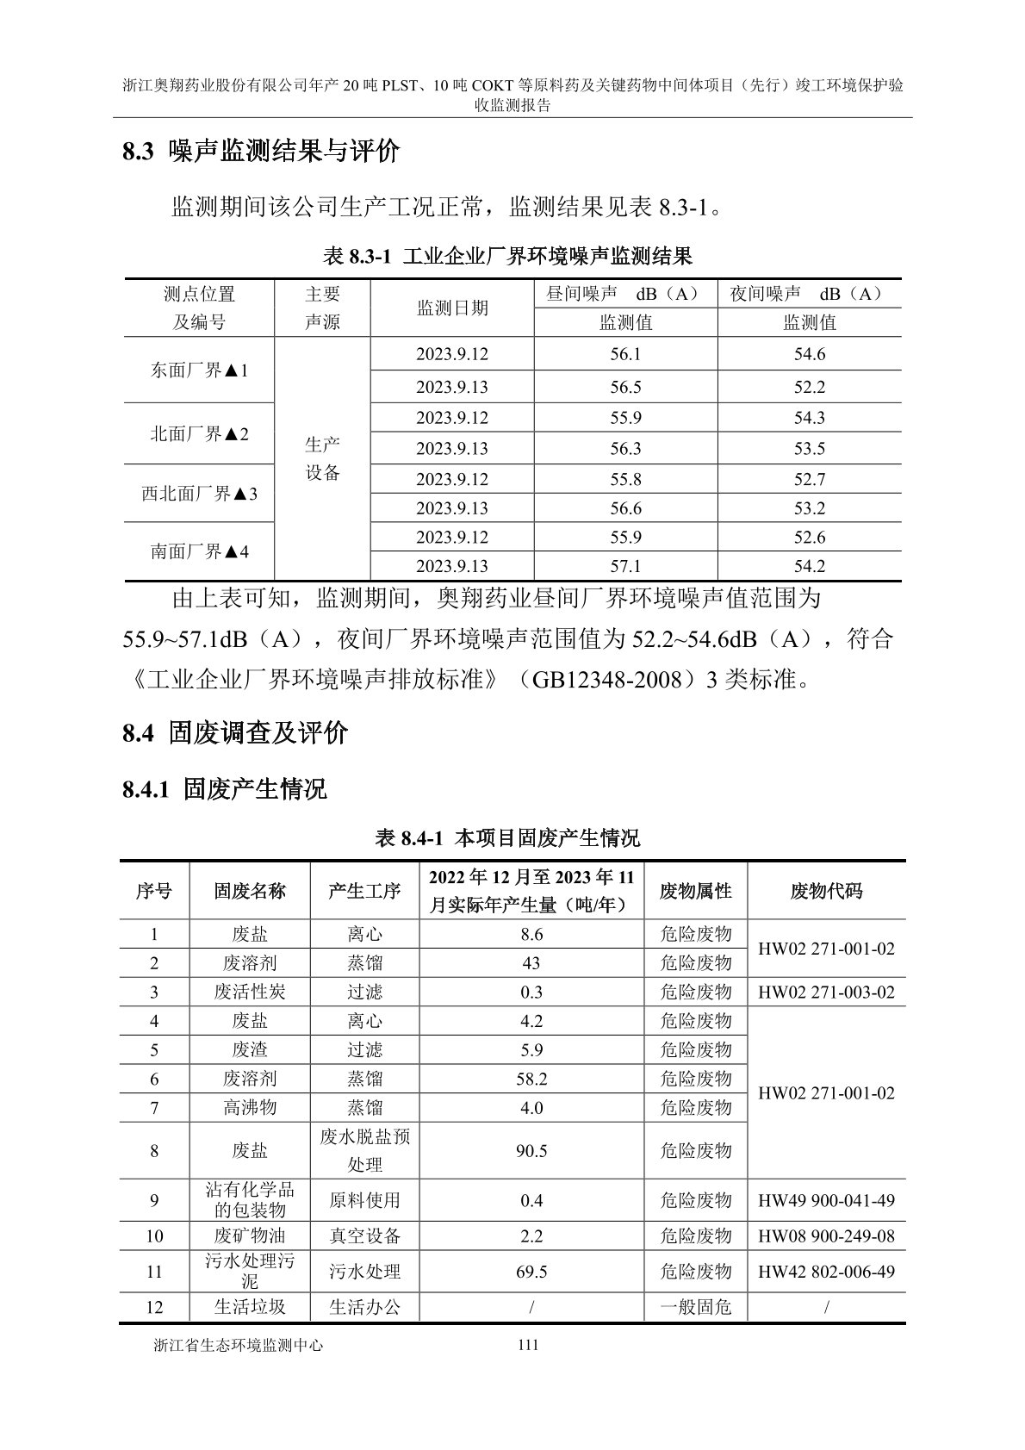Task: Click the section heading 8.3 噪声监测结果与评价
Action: coord(261,152)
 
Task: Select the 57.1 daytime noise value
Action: coord(625,566)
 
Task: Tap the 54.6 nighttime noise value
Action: coord(809,354)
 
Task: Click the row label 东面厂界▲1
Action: coord(199,370)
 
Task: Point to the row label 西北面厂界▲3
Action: coord(199,494)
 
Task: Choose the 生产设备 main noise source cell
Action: coord(322,458)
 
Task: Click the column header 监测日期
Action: coord(452,308)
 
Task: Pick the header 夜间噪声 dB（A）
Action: coord(809,294)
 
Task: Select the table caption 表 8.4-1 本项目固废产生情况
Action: coord(508,837)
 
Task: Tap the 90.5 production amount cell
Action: coord(531,1151)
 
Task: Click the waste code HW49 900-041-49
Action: coord(826,1200)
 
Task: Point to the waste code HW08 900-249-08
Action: coord(826,1236)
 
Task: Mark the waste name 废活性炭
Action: coord(249,992)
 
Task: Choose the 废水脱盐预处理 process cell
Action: coord(364,1150)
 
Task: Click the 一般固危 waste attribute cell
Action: coord(695,1307)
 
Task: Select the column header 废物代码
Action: coord(826,891)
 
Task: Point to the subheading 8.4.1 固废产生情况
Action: coord(225,788)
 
